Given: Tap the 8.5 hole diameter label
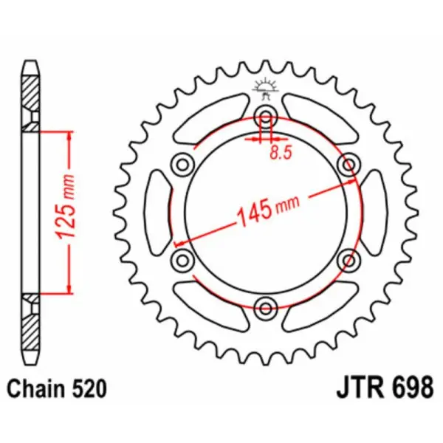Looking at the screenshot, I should click(x=279, y=155).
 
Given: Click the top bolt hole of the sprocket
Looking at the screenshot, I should click(x=266, y=116).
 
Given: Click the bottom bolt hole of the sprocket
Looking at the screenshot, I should click(x=266, y=305).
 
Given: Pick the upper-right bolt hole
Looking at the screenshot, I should click(x=348, y=163).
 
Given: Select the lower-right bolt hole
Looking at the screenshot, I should click(x=348, y=258).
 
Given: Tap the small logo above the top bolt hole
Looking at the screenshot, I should click(x=266, y=87).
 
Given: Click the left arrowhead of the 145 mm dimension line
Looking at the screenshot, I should click(x=178, y=241).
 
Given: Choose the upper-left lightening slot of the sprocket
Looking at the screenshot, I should click(x=207, y=122).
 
